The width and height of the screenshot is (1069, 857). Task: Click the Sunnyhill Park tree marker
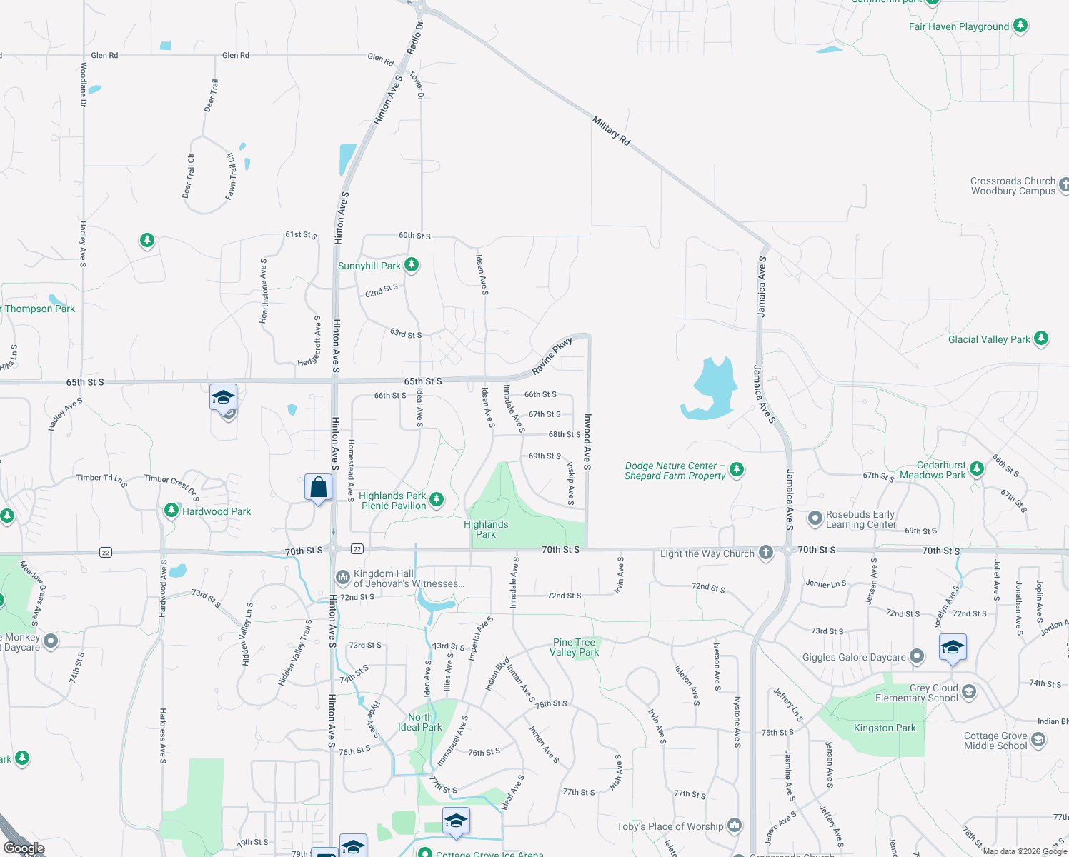(x=411, y=265)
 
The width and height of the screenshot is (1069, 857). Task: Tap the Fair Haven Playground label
(x=958, y=27)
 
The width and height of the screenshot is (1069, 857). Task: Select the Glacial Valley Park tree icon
(x=1041, y=339)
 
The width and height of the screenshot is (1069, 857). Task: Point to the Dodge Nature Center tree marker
(x=737, y=470)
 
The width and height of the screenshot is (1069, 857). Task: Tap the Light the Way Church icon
(x=766, y=553)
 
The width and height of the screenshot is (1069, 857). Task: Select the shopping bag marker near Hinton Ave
(x=319, y=488)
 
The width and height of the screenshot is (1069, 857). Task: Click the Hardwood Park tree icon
(x=171, y=511)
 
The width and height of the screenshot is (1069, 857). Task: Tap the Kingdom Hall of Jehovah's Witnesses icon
(x=343, y=576)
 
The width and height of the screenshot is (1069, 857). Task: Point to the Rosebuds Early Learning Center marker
(x=815, y=518)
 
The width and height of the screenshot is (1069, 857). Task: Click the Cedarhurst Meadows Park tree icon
(x=977, y=469)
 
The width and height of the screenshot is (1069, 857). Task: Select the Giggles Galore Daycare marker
(x=917, y=656)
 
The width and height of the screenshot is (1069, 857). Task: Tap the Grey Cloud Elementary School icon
(x=969, y=691)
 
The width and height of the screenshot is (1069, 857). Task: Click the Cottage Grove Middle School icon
(x=1038, y=740)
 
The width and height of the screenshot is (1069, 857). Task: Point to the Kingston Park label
(x=885, y=728)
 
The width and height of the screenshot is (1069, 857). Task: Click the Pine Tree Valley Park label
(x=574, y=647)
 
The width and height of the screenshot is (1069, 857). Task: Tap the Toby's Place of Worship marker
(x=735, y=826)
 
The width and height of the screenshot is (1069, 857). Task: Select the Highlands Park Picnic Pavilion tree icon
(x=437, y=500)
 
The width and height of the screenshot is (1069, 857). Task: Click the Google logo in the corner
(x=24, y=848)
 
